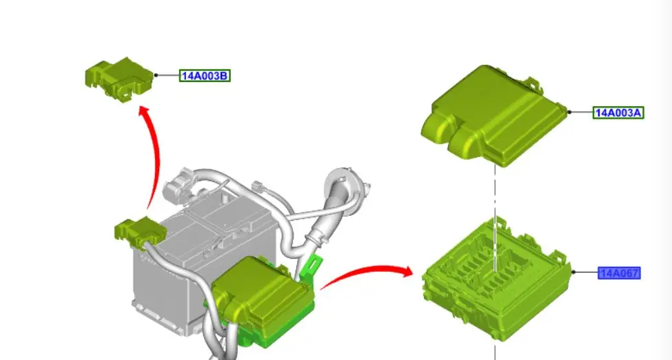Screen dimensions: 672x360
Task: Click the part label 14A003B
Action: tap(205, 76)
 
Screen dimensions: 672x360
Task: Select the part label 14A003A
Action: tap(618, 113)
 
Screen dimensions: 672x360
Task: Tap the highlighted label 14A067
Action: tap(620, 273)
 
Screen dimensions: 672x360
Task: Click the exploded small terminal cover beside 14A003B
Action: tap(119, 80)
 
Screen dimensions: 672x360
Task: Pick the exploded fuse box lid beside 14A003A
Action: tap(494, 117)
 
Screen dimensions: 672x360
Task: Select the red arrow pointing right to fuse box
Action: tap(367, 274)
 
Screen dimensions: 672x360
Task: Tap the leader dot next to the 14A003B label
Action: tap(156, 75)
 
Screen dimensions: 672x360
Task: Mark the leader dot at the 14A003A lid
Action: tap(569, 112)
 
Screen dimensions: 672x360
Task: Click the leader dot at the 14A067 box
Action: tap(573, 272)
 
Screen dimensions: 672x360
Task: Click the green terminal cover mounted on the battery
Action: tap(140, 232)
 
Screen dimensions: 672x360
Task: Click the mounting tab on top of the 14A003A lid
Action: tap(533, 83)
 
